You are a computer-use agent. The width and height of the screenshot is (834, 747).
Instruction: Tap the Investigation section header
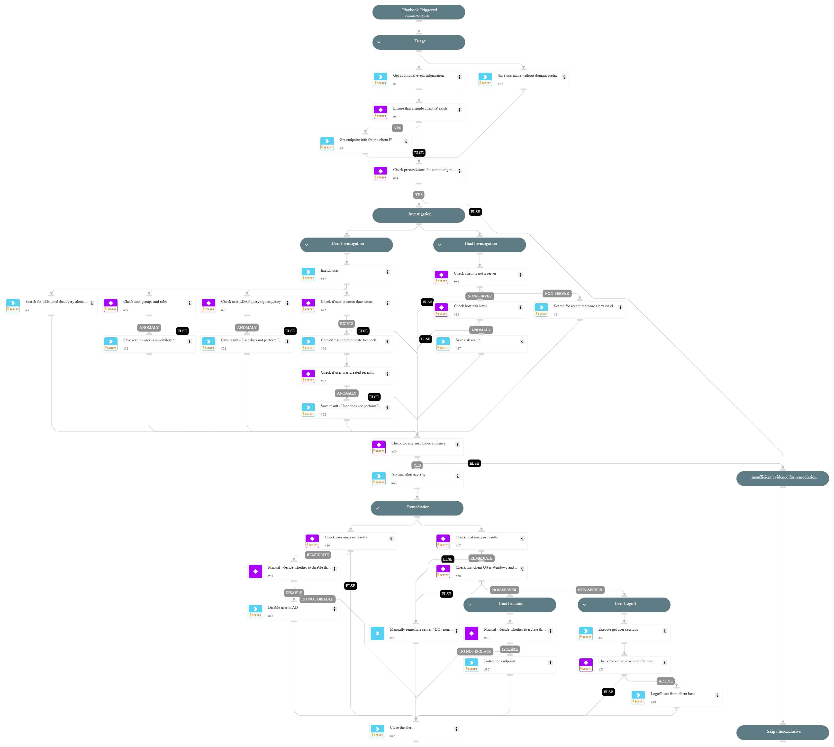click(x=418, y=215)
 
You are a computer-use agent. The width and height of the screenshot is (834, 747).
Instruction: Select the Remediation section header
click(x=417, y=508)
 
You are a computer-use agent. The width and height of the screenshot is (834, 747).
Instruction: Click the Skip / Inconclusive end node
click(x=782, y=732)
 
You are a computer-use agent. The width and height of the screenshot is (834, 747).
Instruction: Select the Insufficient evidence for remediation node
click(x=782, y=478)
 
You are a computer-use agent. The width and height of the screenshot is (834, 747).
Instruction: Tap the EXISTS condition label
click(x=346, y=323)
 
